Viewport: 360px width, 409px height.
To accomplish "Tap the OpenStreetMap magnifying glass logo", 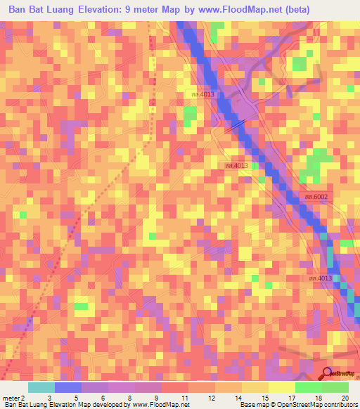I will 327,373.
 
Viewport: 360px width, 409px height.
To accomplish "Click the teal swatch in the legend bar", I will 41,387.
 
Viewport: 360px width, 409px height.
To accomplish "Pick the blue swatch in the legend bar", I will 68,387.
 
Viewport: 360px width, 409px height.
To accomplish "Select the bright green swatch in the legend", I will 309,387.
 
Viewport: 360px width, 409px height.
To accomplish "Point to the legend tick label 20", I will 345,398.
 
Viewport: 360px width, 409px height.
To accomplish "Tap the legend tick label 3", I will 49,398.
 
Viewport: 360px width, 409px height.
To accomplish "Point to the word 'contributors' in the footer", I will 335,405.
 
